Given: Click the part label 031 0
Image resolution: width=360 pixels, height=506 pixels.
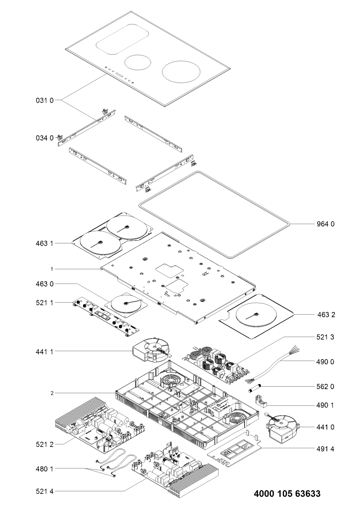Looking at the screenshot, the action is pyautogui.click(x=45, y=100).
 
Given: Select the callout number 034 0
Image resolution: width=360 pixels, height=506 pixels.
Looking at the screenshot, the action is pyautogui.click(x=45, y=138).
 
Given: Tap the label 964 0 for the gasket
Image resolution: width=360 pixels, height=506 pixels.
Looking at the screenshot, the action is pyautogui.click(x=325, y=224).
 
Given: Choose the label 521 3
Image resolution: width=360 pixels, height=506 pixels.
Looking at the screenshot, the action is pyautogui.click(x=325, y=343).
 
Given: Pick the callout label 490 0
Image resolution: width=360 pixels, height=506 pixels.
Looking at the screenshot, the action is pyautogui.click(x=325, y=362).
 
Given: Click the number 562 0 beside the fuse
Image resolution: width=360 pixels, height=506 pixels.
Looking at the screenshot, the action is pyautogui.click(x=325, y=387).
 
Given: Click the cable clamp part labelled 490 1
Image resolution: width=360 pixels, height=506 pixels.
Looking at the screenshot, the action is pyautogui.click(x=261, y=401).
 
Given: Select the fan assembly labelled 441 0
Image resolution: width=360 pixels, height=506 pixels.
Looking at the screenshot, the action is pyautogui.click(x=282, y=427).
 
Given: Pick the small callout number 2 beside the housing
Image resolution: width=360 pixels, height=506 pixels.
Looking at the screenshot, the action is pyautogui.click(x=52, y=393).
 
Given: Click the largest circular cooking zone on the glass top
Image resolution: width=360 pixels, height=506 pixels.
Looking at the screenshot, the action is pyautogui.click(x=181, y=71).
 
